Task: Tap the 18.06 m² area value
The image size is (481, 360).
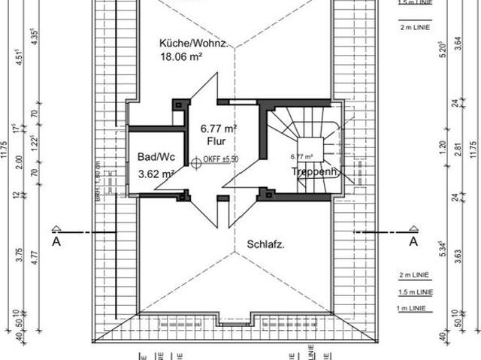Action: point(183,56)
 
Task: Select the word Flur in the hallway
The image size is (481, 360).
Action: point(216,140)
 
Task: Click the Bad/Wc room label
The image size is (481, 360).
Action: point(156,157)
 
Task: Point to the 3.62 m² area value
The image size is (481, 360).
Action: point(156,174)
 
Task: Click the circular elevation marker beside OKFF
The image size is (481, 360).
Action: point(195,160)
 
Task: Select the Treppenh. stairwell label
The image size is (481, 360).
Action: point(316,172)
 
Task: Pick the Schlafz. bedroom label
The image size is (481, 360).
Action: point(265,244)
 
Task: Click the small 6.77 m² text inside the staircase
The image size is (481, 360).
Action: point(301,157)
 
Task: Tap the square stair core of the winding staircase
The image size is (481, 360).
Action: point(309,148)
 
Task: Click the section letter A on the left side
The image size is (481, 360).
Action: point(56,242)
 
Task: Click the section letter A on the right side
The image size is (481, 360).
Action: point(412,242)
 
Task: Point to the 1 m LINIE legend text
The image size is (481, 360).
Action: point(410,309)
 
